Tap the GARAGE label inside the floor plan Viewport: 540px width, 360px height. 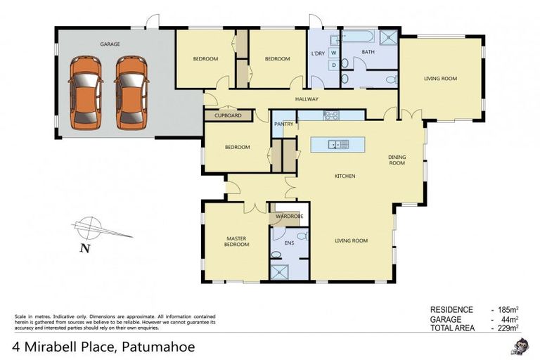(110, 44)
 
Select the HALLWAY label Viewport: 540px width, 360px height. (307, 99)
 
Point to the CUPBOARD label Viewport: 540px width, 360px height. (228, 115)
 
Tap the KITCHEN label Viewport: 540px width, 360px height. (345, 175)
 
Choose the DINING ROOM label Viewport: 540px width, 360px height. (397, 160)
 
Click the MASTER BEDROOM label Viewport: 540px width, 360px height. (236, 242)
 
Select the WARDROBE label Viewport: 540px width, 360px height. (289, 216)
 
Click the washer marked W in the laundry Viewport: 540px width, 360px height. (333, 53)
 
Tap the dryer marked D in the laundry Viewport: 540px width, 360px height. (333, 65)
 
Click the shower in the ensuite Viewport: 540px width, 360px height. (281, 271)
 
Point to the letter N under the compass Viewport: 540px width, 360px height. (84, 247)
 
